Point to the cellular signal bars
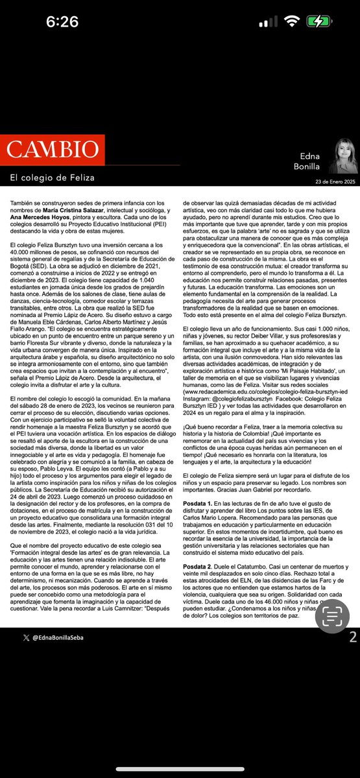click(268, 22)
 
